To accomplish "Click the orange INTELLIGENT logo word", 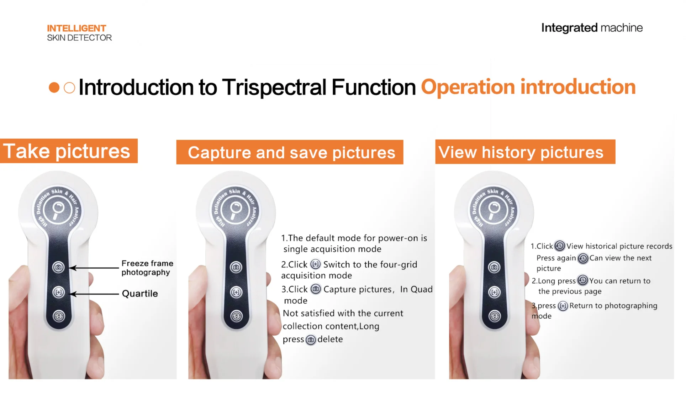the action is tap(76, 28).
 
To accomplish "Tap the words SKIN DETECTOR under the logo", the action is tap(79, 38).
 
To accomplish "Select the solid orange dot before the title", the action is tap(54, 88).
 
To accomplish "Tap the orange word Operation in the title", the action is tap(468, 88).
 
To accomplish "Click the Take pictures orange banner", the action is tap(69, 151).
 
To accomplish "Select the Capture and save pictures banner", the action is tap(290, 152).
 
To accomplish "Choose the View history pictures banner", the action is tap(525, 152).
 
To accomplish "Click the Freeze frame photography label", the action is tap(147, 268).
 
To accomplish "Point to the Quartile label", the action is tap(140, 294).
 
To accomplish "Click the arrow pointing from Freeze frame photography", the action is tap(94, 268).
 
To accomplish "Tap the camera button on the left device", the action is tap(58, 267).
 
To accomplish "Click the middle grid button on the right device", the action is tap(494, 292).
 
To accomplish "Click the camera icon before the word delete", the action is tap(311, 340).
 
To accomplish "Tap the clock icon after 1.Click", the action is tap(560, 246).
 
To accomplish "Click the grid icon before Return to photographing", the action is tap(563, 306).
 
